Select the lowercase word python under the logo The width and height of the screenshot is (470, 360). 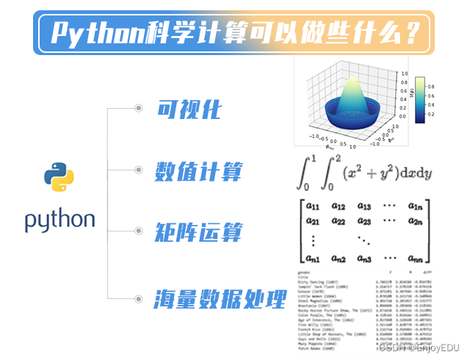[x=59, y=220]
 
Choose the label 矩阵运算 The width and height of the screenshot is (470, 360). [x=198, y=235]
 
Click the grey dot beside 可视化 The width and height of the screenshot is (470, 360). [x=138, y=109]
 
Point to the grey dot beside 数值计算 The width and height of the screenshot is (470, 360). [x=138, y=172]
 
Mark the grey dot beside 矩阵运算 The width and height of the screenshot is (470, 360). [x=138, y=235]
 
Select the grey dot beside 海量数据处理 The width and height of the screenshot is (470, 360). [x=138, y=298]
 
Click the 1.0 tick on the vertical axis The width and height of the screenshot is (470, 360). [x=405, y=74]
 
